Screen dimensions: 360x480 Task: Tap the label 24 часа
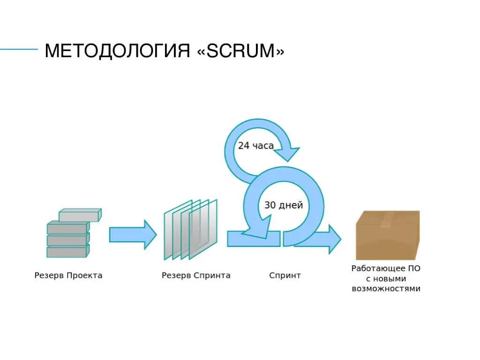point(255,146)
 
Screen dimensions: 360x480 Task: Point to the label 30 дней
point(284,205)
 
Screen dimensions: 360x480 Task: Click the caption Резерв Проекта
point(68,276)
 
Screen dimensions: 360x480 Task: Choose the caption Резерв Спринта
point(196,276)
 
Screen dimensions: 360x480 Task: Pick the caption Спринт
point(285,276)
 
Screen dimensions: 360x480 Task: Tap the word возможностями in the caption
point(386,289)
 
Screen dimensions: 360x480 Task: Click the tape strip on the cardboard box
point(387,218)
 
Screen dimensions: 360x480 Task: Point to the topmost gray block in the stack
point(80,216)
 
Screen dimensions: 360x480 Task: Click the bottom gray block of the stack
point(67,252)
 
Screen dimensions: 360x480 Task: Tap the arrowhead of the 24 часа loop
point(287,153)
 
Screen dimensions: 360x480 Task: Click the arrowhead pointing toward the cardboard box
point(333,239)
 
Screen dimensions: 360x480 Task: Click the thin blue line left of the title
point(19,49)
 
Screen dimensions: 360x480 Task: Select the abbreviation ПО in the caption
point(415,269)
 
